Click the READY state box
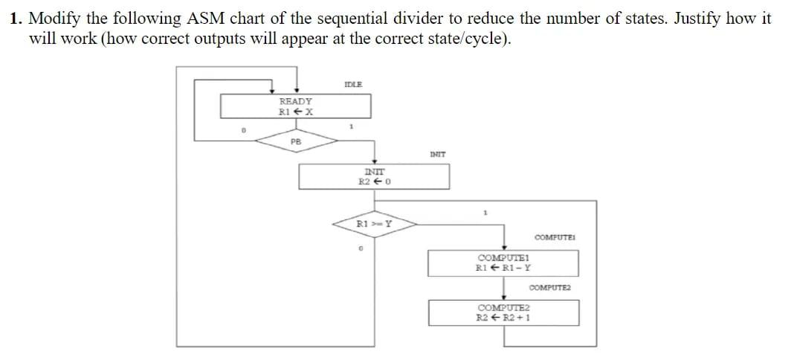pos(296,106)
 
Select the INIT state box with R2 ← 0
pos(375,176)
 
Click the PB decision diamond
pos(296,141)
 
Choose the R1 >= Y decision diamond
pos(374,223)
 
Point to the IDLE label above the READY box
pos(354,84)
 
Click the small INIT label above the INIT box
pos(438,155)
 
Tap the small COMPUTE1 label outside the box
pos(556,237)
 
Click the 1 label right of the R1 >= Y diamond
pos(485,213)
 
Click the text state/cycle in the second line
pos(465,39)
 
